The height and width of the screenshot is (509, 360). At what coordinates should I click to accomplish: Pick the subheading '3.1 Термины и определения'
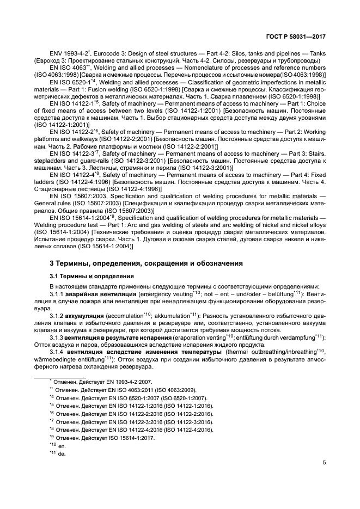(x=87, y=276)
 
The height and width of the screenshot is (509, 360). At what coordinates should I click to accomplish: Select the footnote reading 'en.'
(x=58, y=445)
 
